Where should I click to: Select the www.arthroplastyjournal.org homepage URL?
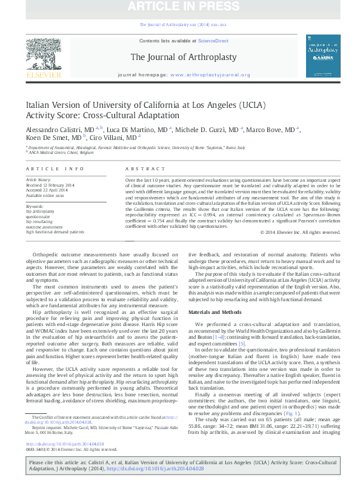point(210,75)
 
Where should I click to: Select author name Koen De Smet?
point(47,138)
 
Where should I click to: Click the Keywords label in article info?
point(35,206)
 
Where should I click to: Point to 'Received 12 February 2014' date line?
point(51,184)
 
